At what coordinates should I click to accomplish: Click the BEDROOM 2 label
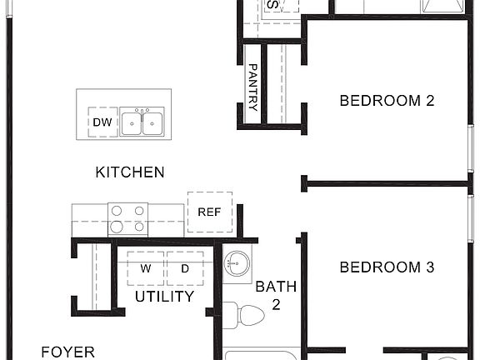click(387, 101)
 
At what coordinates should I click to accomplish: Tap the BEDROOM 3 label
click(387, 267)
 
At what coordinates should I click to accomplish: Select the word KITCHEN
click(130, 172)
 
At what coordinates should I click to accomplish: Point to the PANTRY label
click(253, 87)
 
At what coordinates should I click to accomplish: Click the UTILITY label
click(164, 296)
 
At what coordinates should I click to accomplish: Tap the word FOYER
click(67, 352)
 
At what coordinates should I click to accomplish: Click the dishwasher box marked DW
click(102, 122)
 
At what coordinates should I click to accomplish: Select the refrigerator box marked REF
click(209, 211)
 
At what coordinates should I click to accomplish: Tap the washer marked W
click(146, 268)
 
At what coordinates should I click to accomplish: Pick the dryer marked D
click(185, 268)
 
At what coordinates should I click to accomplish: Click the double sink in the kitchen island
click(141, 122)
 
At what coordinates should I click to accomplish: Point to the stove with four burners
click(127, 218)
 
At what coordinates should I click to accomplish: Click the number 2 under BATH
click(276, 304)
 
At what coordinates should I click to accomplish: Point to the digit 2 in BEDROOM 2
click(430, 101)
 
